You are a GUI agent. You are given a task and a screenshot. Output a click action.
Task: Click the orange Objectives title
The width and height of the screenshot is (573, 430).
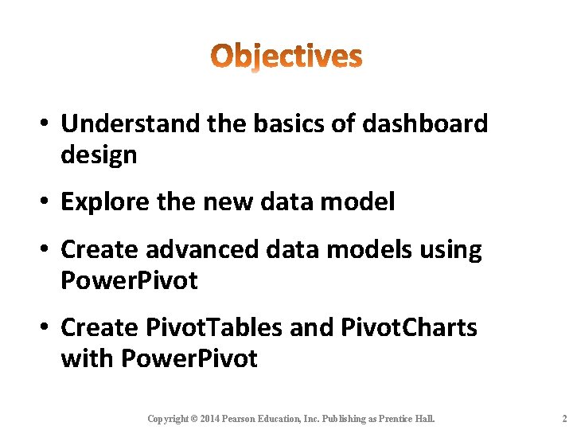tap(286, 57)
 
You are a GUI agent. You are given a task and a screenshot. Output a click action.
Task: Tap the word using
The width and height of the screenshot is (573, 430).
tap(451, 249)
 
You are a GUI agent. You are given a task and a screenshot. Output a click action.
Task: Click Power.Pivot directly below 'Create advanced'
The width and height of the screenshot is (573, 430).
tap(129, 280)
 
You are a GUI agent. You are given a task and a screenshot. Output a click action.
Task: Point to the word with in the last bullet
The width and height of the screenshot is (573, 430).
tap(87, 359)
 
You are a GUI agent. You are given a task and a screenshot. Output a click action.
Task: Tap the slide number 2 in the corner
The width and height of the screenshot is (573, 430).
tap(563, 419)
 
